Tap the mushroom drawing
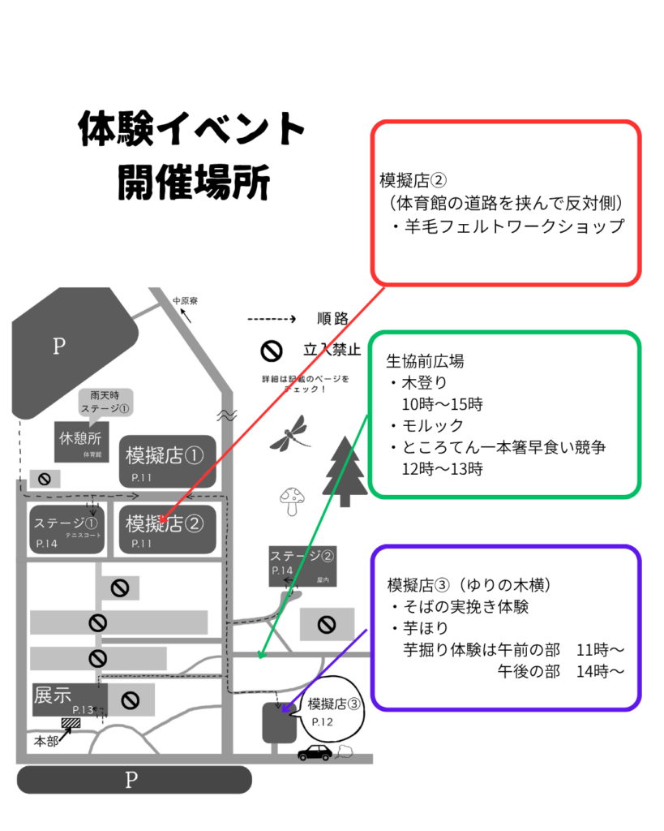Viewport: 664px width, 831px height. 290,501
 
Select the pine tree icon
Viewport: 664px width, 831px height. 345,471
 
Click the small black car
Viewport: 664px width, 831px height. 315,752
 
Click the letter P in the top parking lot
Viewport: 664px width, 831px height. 58,347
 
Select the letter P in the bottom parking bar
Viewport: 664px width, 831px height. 131,781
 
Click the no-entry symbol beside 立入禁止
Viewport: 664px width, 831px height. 271,351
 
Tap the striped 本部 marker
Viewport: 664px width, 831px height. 71,723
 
